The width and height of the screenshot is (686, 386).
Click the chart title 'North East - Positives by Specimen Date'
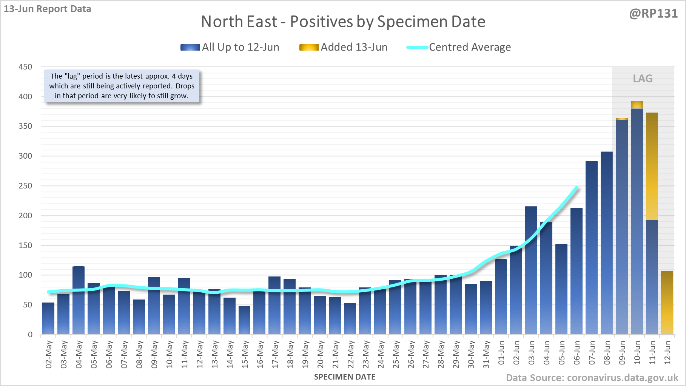point(343,22)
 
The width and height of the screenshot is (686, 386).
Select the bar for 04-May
point(79,300)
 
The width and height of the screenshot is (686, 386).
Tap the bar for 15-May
point(245,320)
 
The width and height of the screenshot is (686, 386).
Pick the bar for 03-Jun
point(531,270)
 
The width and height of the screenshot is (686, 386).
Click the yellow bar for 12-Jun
point(667,302)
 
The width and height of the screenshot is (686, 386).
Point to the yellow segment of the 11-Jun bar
point(652,166)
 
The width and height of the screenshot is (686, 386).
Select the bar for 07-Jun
point(592,247)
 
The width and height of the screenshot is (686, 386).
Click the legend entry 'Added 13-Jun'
point(344,47)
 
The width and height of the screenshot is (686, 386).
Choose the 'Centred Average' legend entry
point(459,47)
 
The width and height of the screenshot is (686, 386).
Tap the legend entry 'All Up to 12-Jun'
point(230,47)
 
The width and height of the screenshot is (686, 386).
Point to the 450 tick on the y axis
point(25,67)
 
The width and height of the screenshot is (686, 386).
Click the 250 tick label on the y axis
point(25,186)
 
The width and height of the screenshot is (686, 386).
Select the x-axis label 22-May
point(351,354)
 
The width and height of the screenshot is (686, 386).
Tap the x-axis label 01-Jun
point(501,353)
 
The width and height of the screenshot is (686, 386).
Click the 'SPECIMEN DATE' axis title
point(345,377)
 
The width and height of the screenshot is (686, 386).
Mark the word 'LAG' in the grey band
point(643,79)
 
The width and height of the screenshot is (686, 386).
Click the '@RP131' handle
point(653,14)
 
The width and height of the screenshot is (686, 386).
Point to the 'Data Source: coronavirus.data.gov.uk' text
point(592,378)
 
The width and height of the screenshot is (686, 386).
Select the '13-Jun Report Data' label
point(48,9)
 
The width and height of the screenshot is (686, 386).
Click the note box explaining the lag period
point(122,86)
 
